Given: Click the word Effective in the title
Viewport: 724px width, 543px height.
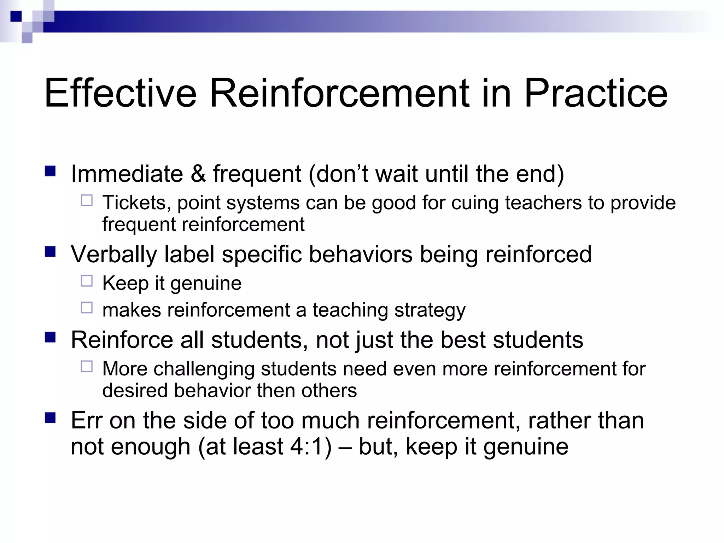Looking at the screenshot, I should pyautogui.click(x=120, y=93).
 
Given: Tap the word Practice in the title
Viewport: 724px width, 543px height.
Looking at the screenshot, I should pyautogui.click(x=596, y=93).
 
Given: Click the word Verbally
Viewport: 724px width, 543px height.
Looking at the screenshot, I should pyautogui.click(x=113, y=255).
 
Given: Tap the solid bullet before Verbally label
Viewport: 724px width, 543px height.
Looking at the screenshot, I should pyautogui.click(x=50, y=252).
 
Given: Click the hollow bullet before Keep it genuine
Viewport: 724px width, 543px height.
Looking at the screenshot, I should pyautogui.click(x=87, y=281).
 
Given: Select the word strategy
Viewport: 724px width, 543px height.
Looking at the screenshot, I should pyautogui.click(x=430, y=310).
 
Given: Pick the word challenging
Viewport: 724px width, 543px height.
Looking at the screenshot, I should pyautogui.click(x=204, y=369).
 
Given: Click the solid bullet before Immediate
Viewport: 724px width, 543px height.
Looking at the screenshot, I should pyautogui.click(x=50, y=171).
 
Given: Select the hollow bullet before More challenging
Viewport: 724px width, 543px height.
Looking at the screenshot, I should pyautogui.click(x=87, y=367).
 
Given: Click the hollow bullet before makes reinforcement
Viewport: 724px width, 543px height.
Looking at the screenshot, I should pyautogui.click(x=87, y=308).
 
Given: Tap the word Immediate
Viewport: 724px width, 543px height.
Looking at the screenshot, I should pyautogui.click(x=127, y=174).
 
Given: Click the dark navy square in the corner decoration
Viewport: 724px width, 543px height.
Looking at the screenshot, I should pyautogui.click(x=16, y=16).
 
